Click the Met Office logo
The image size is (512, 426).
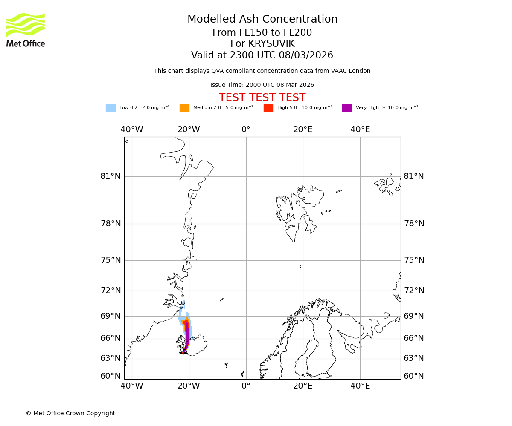tap(26, 30)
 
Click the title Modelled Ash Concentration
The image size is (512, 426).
tap(262, 20)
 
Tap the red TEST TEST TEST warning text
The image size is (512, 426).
tap(262, 98)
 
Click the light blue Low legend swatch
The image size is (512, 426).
tap(111, 108)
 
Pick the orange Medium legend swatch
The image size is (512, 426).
tap(184, 108)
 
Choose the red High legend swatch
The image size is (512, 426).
tap(268, 108)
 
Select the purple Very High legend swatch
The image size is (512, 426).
tap(347, 108)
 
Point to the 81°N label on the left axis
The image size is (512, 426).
tap(111, 176)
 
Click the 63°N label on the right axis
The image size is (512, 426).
tap(414, 358)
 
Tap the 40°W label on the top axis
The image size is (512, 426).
tap(131, 130)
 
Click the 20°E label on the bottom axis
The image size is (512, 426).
tap(303, 386)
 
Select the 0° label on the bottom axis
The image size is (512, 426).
tap(246, 386)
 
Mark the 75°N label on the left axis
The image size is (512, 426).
tap(111, 260)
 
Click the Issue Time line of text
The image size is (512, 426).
tap(262, 85)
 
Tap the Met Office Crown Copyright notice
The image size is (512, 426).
tap(70, 414)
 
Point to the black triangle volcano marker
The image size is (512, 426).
tap(183, 351)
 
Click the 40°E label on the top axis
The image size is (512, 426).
tap(360, 130)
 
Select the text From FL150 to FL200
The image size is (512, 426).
tap(262, 33)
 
